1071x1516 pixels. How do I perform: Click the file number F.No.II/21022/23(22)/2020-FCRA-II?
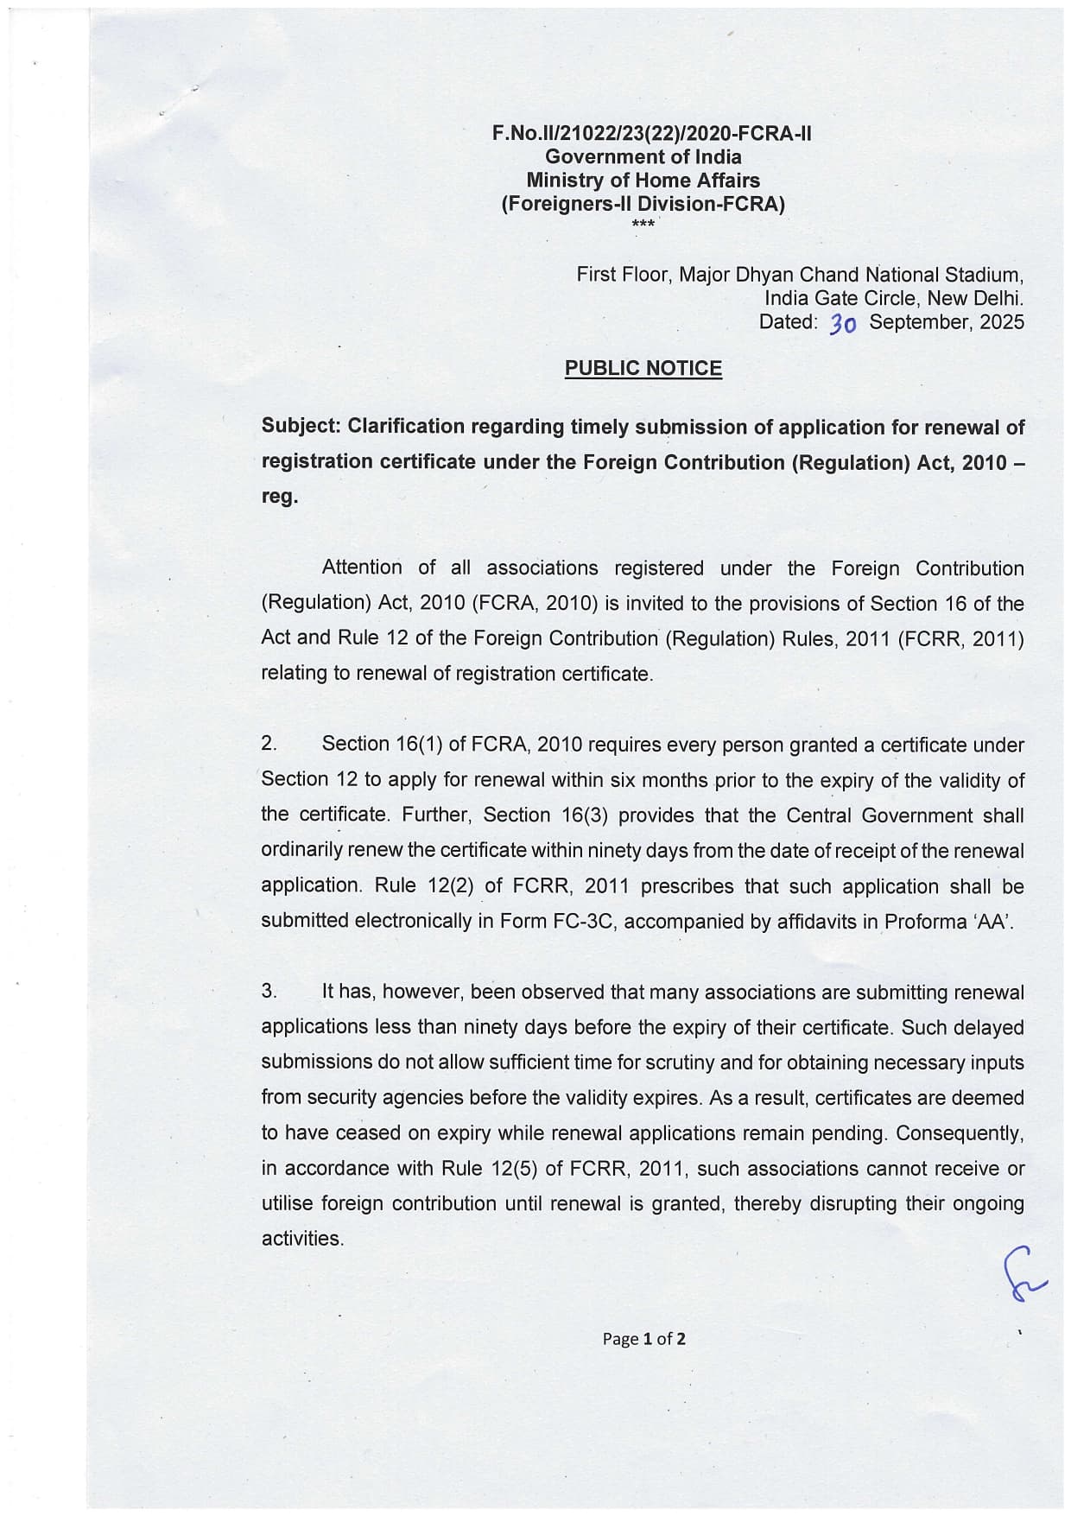pos(651,134)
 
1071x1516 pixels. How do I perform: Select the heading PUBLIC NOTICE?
pos(643,368)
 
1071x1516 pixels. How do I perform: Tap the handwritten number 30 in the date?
pos(842,324)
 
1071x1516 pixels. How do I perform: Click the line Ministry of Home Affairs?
pos(643,181)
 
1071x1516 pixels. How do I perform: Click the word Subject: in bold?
pos(301,427)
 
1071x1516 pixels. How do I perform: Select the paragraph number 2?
pos(269,744)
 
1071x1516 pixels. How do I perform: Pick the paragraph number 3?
pos(269,991)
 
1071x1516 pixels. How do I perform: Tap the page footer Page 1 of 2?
pos(643,1339)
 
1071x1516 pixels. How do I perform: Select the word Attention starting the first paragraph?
pos(361,568)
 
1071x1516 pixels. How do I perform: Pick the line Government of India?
pos(643,157)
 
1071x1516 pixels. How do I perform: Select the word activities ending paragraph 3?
pos(301,1239)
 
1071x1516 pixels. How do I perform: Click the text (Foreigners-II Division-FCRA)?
pos(643,205)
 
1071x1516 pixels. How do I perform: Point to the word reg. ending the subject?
pos(279,497)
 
